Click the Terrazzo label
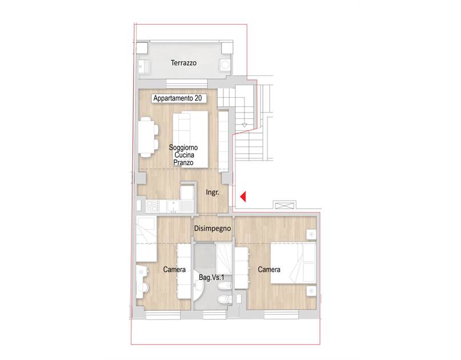[x=183, y=63]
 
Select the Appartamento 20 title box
[x=178, y=98]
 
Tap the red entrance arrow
[x=243, y=197]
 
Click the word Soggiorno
[x=183, y=147]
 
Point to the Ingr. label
[x=213, y=193]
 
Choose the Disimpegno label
[x=213, y=229]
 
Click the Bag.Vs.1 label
[x=211, y=277]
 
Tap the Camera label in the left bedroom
[x=174, y=269]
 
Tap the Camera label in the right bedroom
[x=269, y=269]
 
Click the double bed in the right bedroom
[x=293, y=263]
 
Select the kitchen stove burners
[x=153, y=206]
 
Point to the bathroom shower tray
[x=224, y=258]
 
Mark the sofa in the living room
[x=191, y=139]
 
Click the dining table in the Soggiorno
[x=146, y=137]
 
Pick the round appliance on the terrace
[x=225, y=65]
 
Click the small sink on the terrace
[x=144, y=66]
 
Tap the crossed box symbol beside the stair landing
[x=284, y=205]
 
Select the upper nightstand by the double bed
[x=312, y=235]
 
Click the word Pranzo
[x=183, y=162]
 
